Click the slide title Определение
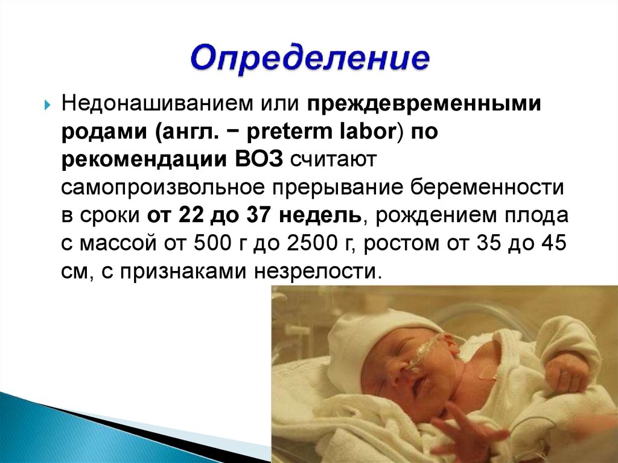(310, 59)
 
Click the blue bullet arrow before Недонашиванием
(47, 105)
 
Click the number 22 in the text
(191, 216)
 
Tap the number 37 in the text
(259, 216)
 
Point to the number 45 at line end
(554, 243)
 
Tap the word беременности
(487, 188)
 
